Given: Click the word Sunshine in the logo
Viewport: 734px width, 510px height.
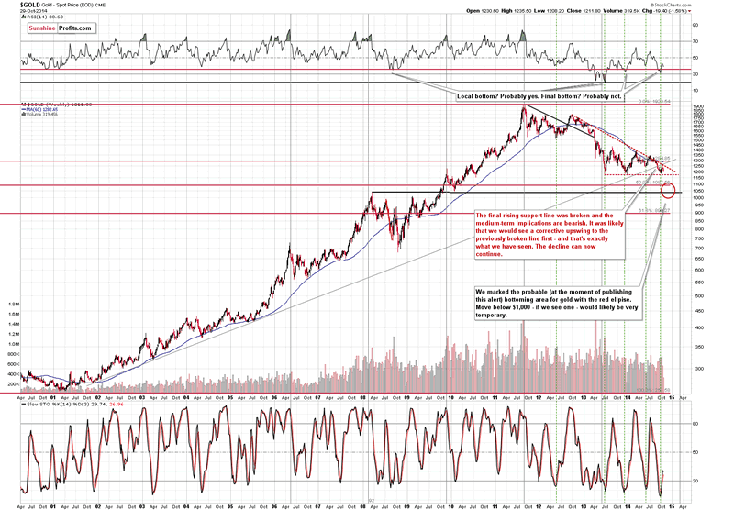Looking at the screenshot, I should pos(39,28).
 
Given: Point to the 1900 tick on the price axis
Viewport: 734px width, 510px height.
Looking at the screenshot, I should pos(697,106).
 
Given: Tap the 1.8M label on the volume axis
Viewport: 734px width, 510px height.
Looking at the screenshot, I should pos(15,302).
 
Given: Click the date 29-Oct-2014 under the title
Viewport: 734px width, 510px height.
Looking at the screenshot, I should pos(18,10).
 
